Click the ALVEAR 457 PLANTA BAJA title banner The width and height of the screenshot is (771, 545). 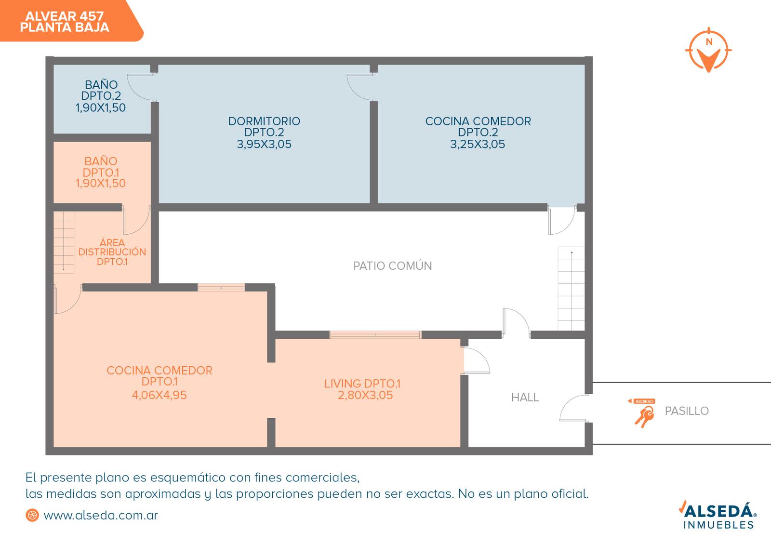[x=69, y=21]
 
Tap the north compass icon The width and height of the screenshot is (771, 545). [x=708, y=50]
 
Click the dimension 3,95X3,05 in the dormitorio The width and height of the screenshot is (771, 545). [x=264, y=144]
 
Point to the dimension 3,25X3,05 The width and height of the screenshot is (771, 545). [x=478, y=144]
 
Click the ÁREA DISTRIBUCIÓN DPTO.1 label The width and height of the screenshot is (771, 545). [x=112, y=252]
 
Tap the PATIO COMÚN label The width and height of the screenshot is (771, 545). [x=392, y=266]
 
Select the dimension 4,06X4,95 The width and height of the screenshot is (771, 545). [x=160, y=395]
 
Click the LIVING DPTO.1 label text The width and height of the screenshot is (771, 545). [x=362, y=384]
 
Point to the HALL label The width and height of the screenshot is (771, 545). [x=525, y=397]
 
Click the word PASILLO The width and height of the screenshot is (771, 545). [x=687, y=411]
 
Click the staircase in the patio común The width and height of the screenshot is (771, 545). [x=572, y=289]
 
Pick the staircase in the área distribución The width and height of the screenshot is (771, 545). [x=64, y=242]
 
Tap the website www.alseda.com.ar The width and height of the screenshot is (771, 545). [x=101, y=516]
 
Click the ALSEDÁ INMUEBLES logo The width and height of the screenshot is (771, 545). [x=718, y=515]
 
